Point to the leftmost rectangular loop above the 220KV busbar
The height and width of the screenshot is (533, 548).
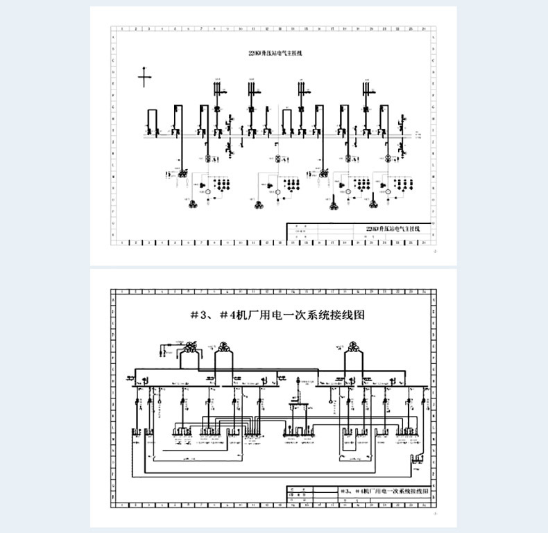pos(151,120)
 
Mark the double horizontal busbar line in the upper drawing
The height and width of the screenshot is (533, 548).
pos(277,137)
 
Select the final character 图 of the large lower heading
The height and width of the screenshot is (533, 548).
pos(359,315)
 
